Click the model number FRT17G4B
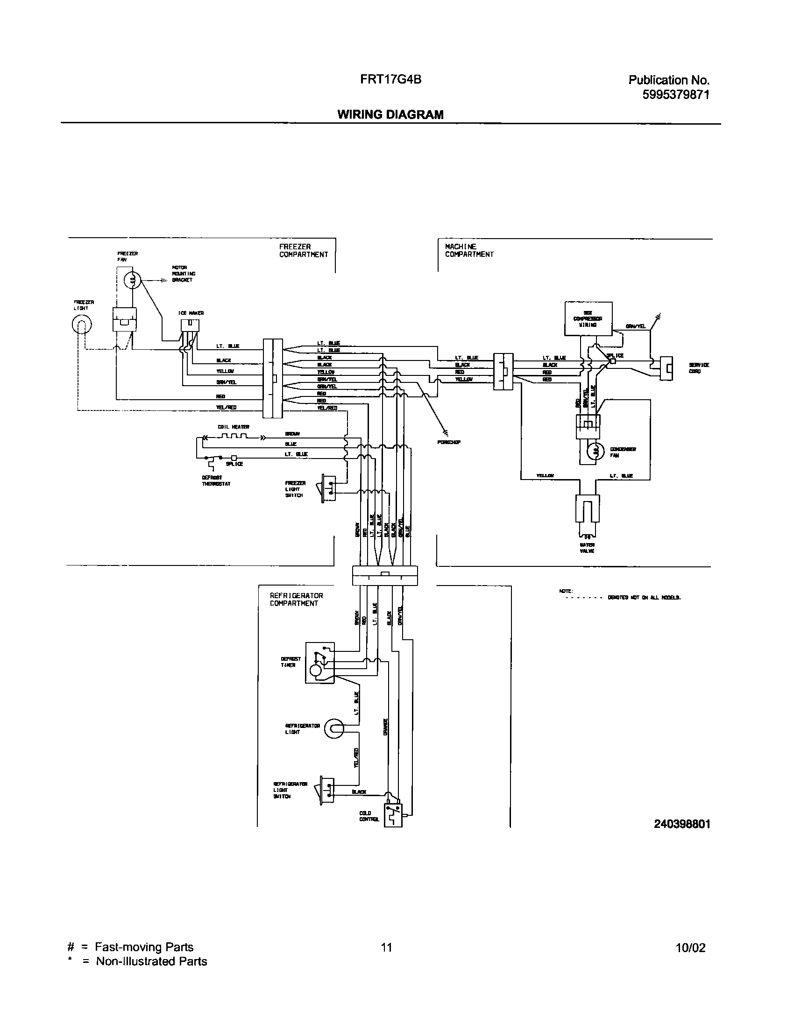[x=390, y=80]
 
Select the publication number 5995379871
[x=676, y=95]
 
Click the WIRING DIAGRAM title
[x=390, y=114]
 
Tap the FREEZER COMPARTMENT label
[x=304, y=251]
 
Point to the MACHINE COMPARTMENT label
[x=469, y=251]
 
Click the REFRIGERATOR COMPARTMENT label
[x=296, y=600]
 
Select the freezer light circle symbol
[x=82, y=325]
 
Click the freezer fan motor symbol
[x=132, y=281]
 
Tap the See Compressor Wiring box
[x=588, y=318]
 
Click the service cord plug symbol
[x=666, y=368]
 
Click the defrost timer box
[x=320, y=663]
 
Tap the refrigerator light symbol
[x=334, y=728]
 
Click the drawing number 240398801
[x=682, y=824]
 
